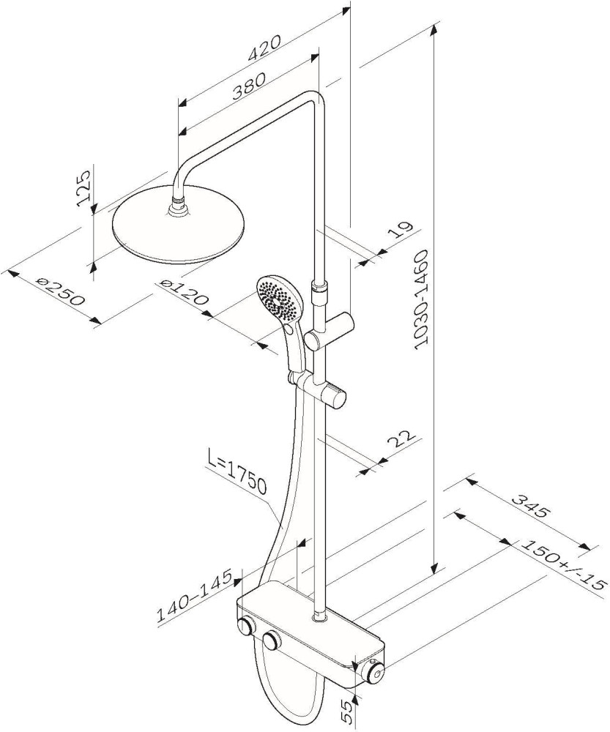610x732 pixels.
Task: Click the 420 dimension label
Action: click(x=264, y=48)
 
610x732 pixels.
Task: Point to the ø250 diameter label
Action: click(x=62, y=291)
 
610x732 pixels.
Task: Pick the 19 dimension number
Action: click(x=401, y=229)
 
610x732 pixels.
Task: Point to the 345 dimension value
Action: click(x=529, y=506)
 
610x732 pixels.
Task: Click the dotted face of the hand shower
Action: click(x=279, y=299)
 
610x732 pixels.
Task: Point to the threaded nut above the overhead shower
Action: click(x=179, y=203)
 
